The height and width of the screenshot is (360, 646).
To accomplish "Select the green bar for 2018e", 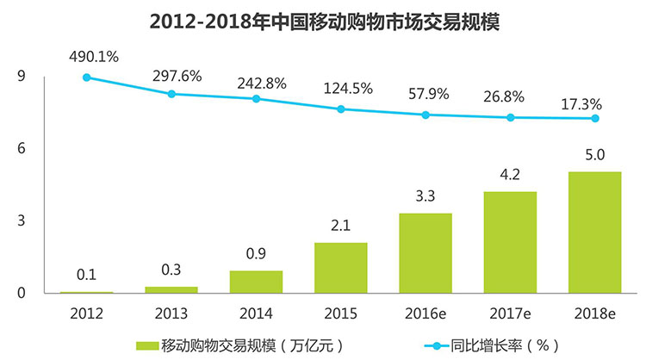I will (x=595, y=233).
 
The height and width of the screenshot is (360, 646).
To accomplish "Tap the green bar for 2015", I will (x=340, y=268).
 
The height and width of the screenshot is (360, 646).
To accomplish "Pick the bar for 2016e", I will (x=425, y=253).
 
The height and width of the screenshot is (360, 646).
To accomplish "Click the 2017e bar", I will (x=510, y=242).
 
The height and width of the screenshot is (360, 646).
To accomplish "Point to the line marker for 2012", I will (x=86, y=78).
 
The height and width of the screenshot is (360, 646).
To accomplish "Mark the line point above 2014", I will (x=256, y=99).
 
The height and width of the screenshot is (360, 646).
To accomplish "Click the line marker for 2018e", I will (x=595, y=118).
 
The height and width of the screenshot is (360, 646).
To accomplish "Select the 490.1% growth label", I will (x=95, y=57).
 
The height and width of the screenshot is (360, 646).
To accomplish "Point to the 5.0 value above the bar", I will (x=595, y=157).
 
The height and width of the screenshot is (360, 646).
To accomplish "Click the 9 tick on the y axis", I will (x=21, y=78).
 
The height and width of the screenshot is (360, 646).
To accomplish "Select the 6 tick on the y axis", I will (x=21, y=149).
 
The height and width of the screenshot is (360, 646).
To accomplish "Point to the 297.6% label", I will (x=179, y=76).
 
